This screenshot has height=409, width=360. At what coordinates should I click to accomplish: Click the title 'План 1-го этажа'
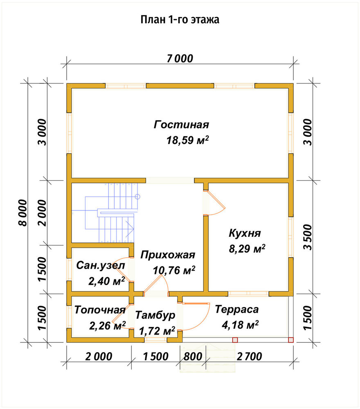click(x=180, y=20)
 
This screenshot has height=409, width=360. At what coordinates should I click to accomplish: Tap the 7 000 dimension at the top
click(x=180, y=58)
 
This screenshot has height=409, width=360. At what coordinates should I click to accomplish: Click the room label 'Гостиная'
click(x=181, y=124)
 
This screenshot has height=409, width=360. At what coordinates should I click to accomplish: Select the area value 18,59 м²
click(x=187, y=140)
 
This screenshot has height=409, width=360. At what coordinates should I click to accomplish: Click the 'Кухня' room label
click(x=245, y=233)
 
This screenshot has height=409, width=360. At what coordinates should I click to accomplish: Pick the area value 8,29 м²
click(x=247, y=249)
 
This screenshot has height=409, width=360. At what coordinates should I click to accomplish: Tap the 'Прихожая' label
click(x=168, y=255)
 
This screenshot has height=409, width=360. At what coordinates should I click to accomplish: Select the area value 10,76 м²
click(x=174, y=270)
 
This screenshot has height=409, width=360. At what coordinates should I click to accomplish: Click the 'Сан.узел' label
click(x=101, y=265)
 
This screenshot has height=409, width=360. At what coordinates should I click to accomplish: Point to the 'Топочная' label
click(x=100, y=310)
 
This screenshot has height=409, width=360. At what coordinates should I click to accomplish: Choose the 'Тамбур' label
click(x=155, y=315)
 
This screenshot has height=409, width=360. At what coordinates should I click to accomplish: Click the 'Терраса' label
click(x=237, y=309)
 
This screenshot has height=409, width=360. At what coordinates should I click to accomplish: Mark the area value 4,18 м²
click(x=240, y=325)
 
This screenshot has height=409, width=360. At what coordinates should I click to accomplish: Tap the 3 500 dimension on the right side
click(x=308, y=237)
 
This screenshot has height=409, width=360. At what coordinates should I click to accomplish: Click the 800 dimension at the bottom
click(x=193, y=356)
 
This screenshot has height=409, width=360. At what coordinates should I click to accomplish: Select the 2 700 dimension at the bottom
click(x=250, y=356)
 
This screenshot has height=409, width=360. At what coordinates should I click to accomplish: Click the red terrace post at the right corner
click(x=290, y=340)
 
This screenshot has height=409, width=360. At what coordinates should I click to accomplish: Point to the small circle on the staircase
click(x=137, y=197)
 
